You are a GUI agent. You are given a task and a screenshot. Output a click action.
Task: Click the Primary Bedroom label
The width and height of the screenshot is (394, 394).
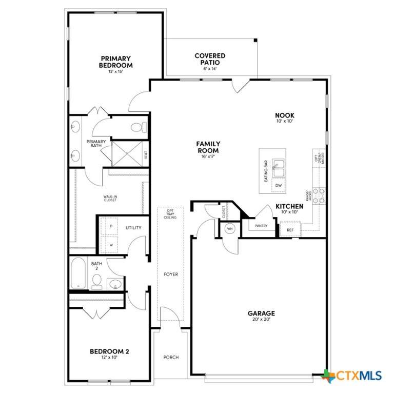pos(115,62)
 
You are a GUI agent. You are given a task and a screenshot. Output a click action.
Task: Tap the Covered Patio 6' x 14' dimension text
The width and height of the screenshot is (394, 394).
pos(210,69)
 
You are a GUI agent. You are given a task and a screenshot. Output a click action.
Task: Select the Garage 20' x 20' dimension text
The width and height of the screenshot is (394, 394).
pos(261,320)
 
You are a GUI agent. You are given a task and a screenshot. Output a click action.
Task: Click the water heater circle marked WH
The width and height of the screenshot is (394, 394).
pos(230,229)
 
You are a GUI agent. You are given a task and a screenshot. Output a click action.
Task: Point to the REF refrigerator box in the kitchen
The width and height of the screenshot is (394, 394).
pos(290,229)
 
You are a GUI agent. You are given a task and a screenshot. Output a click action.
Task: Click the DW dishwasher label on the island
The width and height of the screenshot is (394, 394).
pos(279,185)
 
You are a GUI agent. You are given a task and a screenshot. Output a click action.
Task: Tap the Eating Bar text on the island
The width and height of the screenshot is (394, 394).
pos(266,171)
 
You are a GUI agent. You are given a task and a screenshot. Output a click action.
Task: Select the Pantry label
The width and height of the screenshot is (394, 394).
pos(261,226)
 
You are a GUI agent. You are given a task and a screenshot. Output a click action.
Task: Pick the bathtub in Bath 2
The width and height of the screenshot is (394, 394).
pos(78,272)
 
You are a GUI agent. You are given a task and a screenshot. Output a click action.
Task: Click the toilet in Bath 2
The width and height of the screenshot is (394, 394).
pos(97,282)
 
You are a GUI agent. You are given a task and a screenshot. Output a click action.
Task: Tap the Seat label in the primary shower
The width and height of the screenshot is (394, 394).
pos(146,154)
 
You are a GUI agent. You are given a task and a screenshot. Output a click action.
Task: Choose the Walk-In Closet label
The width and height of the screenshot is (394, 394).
pos(110,198)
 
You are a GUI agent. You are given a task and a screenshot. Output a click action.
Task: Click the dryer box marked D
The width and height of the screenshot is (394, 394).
pos(111,226)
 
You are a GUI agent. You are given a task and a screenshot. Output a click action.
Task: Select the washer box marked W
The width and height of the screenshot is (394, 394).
pos(111,245)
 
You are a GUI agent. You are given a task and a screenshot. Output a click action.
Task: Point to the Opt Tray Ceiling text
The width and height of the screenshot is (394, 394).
pos(170,214)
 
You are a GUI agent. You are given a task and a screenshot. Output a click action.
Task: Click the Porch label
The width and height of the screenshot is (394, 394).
pos(171,357)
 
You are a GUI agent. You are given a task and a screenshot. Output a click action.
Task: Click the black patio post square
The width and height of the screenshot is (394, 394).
pos(255,40)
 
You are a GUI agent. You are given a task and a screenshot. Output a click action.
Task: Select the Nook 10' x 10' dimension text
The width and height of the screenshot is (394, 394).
pos(284,121)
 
